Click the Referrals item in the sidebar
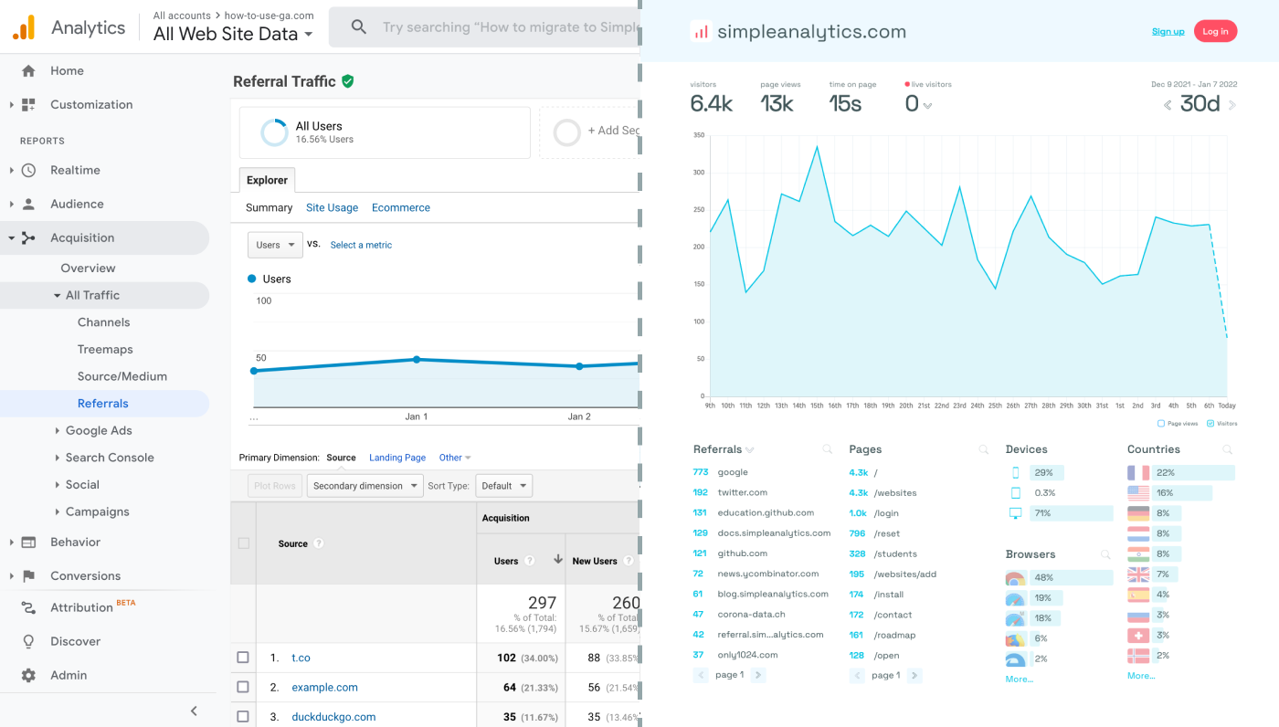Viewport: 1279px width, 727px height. point(102,404)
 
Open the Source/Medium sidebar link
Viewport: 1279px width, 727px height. point(122,376)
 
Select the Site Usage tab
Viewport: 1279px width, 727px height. point(332,208)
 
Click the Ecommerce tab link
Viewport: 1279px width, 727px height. point(400,208)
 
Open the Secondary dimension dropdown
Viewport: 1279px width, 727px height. point(365,486)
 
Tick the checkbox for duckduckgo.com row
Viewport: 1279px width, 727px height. point(243,717)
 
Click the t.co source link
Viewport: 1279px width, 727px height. point(301,658)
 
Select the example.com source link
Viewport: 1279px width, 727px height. point(324,688)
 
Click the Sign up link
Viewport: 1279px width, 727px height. point(1168,32)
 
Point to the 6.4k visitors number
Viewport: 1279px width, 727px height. point(711,104)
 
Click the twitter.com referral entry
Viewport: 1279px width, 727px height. point(742,493)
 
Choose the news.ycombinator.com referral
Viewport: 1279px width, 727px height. point(767,574)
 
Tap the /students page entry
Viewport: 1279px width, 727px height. point(894,553)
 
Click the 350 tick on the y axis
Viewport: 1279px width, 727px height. point(699,135)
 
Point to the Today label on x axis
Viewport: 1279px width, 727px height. point(1226,406)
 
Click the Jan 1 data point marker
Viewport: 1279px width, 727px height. point(417,360)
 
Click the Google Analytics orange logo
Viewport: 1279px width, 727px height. point(24,27)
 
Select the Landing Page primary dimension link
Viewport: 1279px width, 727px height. point(396,458)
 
